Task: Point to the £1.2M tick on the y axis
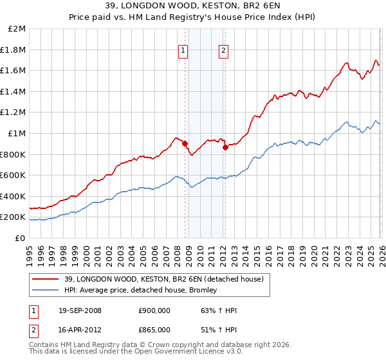(x=14, y=113)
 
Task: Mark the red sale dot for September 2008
(x=185, y=144)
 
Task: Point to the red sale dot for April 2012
(x=225, y=147)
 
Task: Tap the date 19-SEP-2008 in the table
(x=80, y=310)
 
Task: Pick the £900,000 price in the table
(x=154, y=310)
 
